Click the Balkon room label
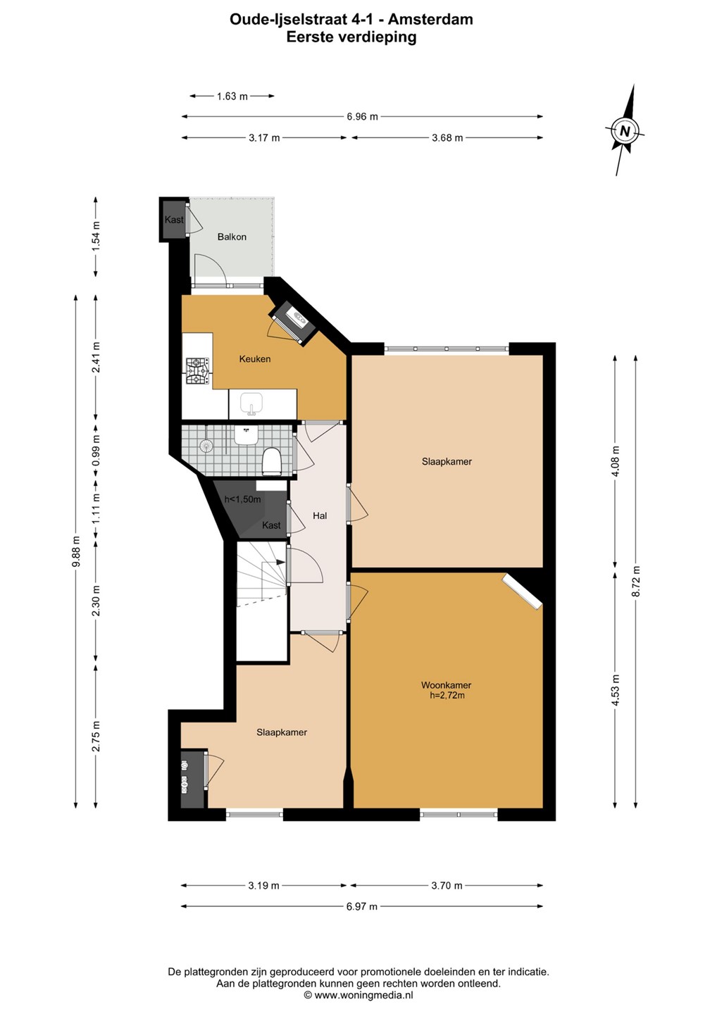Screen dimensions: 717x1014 [232, 237]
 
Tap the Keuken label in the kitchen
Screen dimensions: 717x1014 [255, 359]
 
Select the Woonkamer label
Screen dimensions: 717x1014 [447, 685]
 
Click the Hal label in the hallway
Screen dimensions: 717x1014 [320, 515]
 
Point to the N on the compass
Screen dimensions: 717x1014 [625, 131]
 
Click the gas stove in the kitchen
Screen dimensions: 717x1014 [197, 372]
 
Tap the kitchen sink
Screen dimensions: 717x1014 [251, 403]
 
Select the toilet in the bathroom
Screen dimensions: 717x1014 [272, 461]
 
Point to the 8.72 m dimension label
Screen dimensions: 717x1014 [636, 581]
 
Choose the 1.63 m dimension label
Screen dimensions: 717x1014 [232, 96]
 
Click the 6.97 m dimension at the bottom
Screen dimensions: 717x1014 [361, 906]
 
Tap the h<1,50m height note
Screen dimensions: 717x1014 [242, 500]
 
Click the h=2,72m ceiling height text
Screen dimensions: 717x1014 [447, 695]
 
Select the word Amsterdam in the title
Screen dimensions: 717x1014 [431, 19]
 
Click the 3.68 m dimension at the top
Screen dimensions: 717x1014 [447, 137]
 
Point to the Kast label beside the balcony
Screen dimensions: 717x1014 [174, 220]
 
